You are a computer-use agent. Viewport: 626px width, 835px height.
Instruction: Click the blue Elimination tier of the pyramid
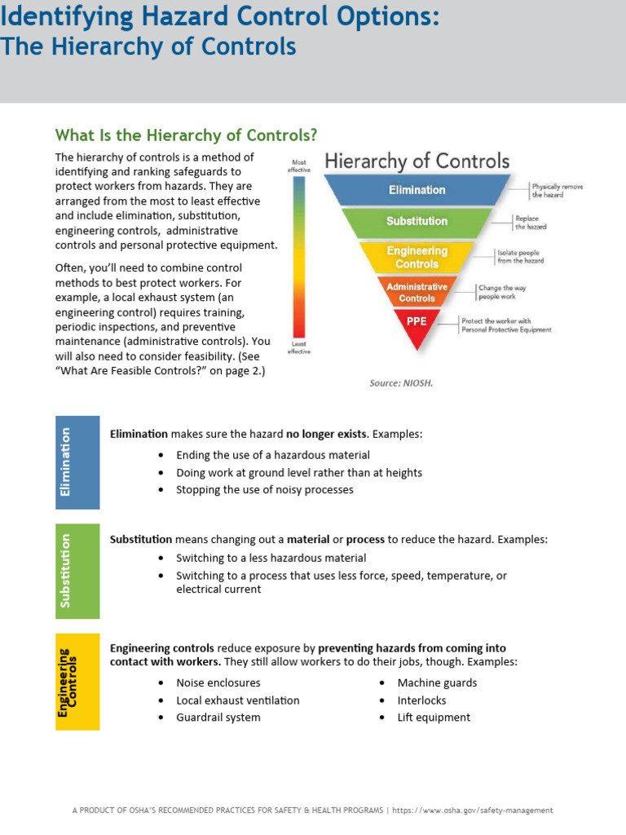[x=417, y=190]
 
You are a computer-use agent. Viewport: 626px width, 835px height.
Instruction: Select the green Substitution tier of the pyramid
[x=417, y=221]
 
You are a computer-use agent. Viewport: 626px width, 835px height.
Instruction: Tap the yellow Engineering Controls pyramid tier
[x=417, y=257]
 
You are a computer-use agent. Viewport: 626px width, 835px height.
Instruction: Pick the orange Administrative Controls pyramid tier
[x=417, y=292]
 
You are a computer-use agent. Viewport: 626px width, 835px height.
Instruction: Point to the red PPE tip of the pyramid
[x=417, y=323]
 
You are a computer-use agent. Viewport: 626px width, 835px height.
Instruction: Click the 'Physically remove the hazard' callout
[x=558, y=191]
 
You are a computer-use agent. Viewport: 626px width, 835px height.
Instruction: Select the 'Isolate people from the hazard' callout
[x=521, y=257]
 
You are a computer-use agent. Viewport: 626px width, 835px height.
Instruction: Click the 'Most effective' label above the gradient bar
[x=299, y=165]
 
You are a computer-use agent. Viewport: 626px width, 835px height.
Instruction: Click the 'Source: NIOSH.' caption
[x=401, y=382]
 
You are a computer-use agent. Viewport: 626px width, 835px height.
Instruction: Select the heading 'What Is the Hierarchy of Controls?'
[x=186, y=135]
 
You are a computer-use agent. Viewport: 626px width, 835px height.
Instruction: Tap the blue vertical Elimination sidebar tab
[x=77, y=462]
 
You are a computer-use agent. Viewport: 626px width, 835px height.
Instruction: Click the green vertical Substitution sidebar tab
[x=77, y=570]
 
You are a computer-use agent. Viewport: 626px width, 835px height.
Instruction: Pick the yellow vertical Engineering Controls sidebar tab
[x=77, y=682]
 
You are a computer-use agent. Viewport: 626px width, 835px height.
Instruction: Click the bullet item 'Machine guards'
[x=437, y=683]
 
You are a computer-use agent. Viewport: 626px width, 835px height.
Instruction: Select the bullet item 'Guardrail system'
[x=218, y=718]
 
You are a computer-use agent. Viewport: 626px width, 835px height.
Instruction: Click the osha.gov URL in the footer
[x=474, y=811]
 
